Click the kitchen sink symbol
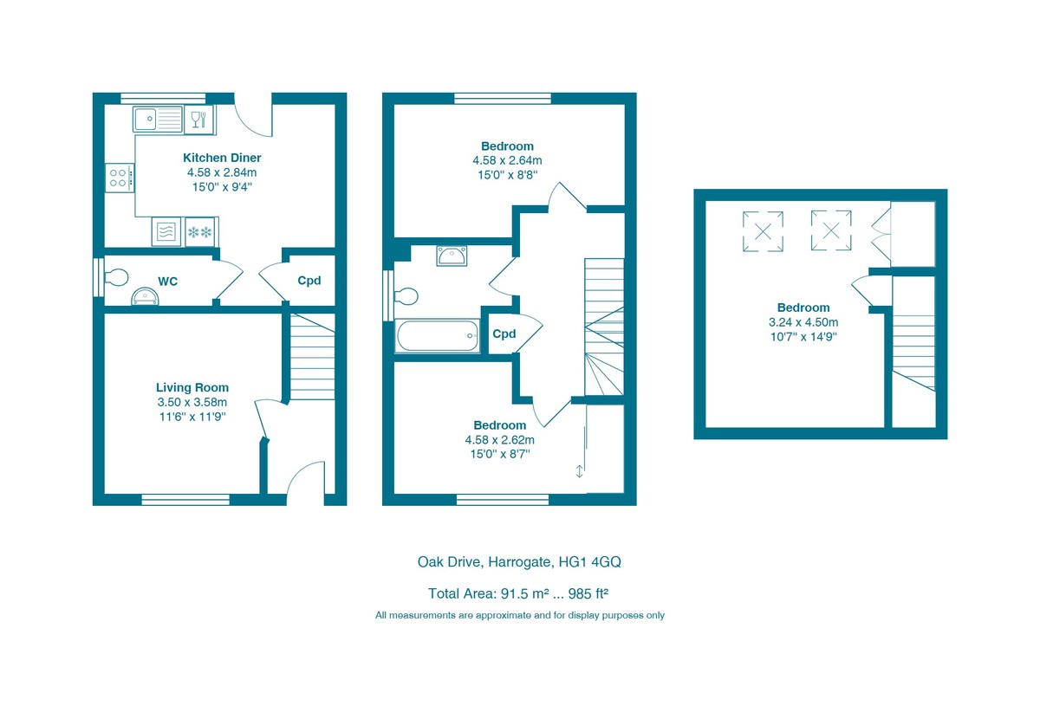158,120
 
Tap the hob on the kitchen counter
120,178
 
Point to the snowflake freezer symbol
201,231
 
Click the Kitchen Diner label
222,158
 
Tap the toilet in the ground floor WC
115,277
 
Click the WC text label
168,282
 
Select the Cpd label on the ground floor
309,281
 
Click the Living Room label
192,387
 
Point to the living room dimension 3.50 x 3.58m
192,402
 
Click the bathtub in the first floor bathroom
438,336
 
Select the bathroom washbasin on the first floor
452,256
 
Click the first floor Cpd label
504,334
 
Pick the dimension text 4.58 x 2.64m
507,160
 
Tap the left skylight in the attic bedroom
764,231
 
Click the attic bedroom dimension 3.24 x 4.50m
803,322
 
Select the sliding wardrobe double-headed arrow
580,471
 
